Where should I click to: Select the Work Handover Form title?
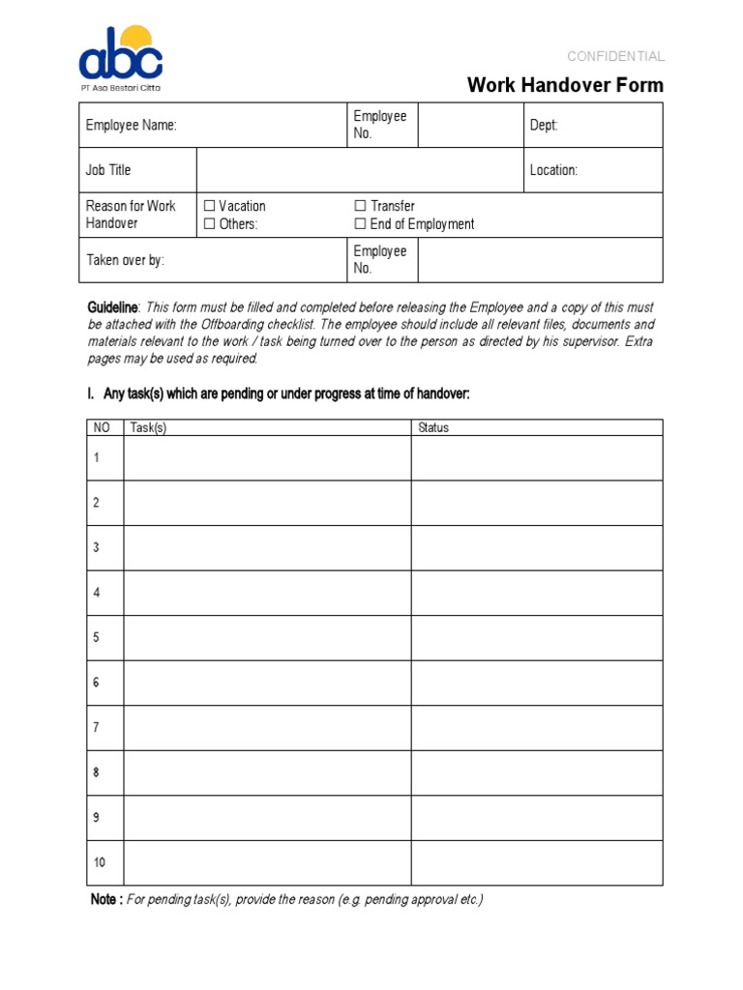(x=565, y=85)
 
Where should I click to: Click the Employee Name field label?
(x=131, y=126)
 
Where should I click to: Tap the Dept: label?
(x=544, y=126)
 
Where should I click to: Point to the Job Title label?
(x=108, y=170)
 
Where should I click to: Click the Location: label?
(x=553, y=170)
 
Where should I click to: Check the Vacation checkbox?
(x=210, y=206)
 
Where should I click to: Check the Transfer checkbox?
(x=361, y=206)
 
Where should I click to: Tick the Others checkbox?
(x=210, y=224)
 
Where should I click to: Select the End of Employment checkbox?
(x=361, y=224)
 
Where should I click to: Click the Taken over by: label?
(x=125, y=260)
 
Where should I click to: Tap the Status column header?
(x=433, y=427)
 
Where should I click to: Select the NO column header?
(x=102, y=427)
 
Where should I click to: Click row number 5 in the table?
(x=97, y=638)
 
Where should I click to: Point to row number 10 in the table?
(x=100, y=862)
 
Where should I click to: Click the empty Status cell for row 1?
(x=537, y=458)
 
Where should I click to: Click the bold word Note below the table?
(x=104, y=900)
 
